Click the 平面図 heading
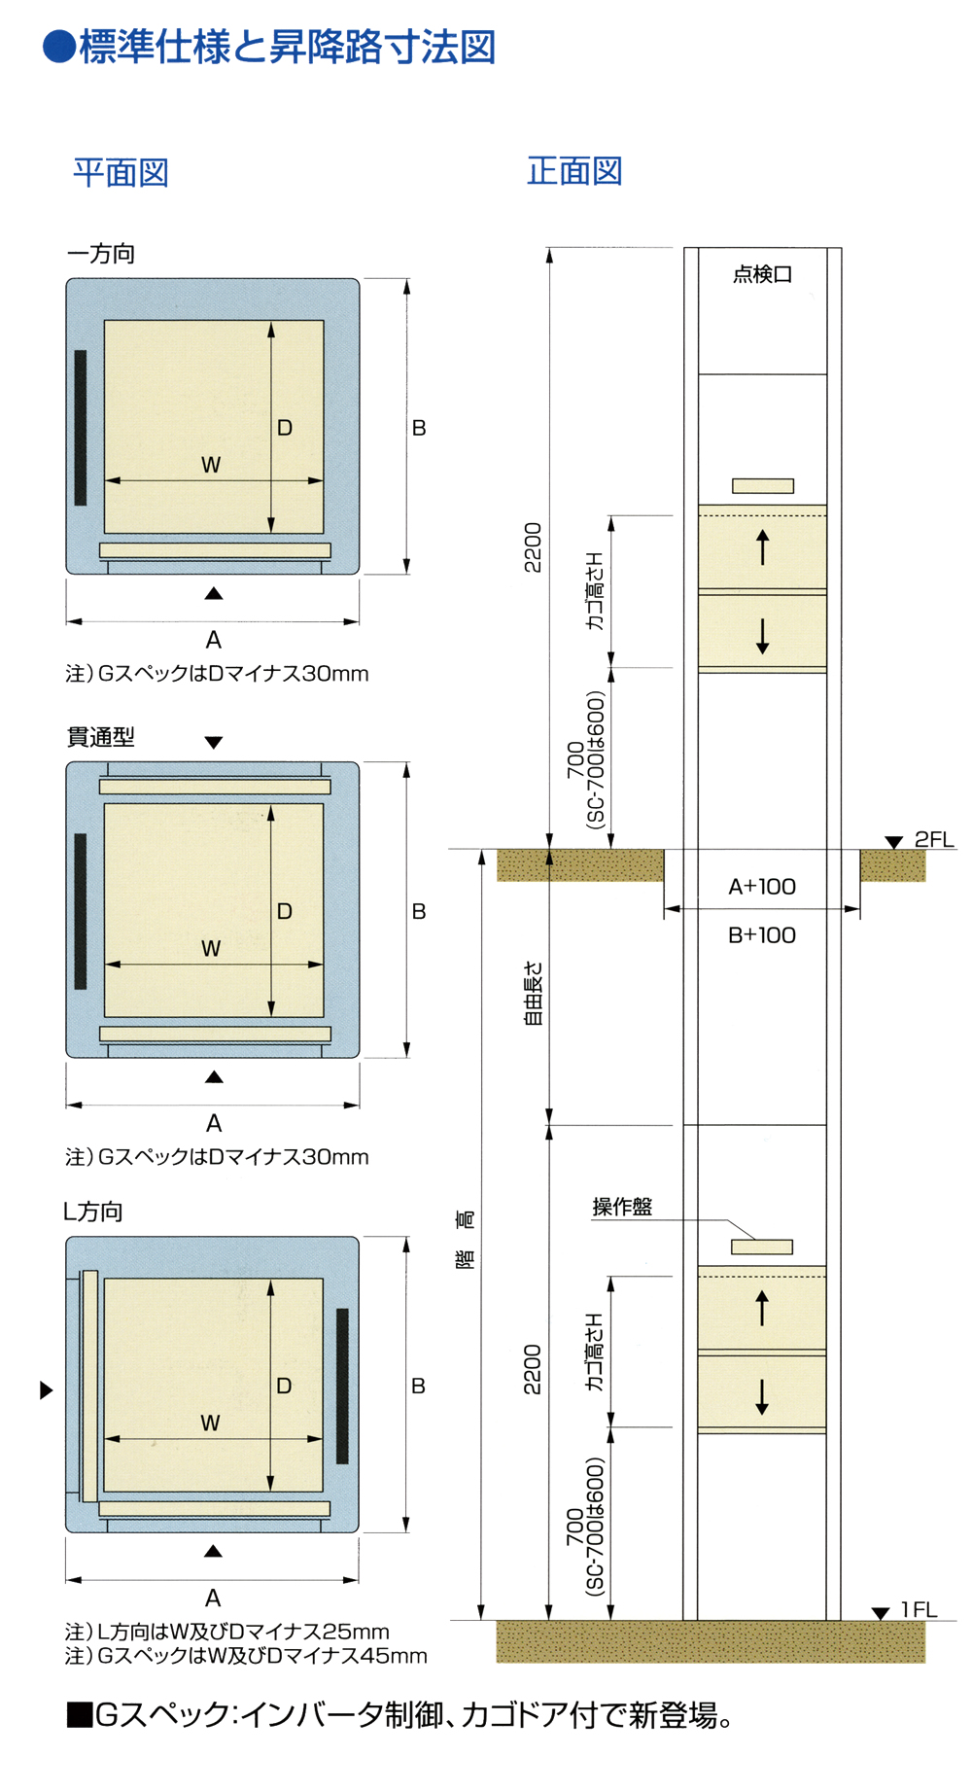(x=121, y=173)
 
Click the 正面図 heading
(x=574, y=171)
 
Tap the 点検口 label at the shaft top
(x=762, y=274)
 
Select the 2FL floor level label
(x=933, y=839)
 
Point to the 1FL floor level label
(x=919, y=1609)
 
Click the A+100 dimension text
(x=762, y=886)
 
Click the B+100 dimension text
(x=762, y=934)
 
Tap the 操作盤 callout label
(x=622, y=1207)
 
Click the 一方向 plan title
(x=100, y=254)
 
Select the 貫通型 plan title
(x=100, y=737)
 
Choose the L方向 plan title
(x=93, y=1212)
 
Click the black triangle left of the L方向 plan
(x=46, y=1390)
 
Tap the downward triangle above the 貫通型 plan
(x=214, y=743)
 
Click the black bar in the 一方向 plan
(x=81, y=428)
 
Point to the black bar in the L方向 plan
(x=342, y=1386)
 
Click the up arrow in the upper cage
(x=762, y=546)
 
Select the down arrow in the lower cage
(x=762, y=1396)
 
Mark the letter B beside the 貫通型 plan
(x=419, y=911)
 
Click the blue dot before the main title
(x=59, y=47)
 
